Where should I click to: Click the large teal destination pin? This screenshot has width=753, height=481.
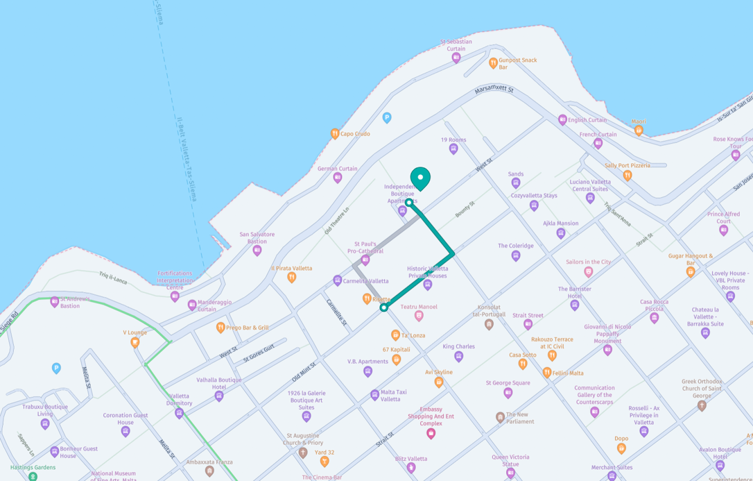click(x=420, y=178)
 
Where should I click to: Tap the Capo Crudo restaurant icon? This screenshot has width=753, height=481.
click(x=335, y=134)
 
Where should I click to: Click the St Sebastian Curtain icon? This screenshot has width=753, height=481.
click(x=456, y=58)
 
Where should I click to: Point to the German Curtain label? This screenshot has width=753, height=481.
click(x=338, y=169)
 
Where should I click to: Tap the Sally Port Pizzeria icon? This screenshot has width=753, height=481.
click(x=627, y=176)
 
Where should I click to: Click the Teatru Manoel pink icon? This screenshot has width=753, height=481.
click(x=419, y=316)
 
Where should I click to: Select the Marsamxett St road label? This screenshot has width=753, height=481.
click(x=494, y=90)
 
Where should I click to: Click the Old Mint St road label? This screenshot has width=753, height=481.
click(x=304, y=372)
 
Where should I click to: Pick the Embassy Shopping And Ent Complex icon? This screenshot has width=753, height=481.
click(x=431, y=434)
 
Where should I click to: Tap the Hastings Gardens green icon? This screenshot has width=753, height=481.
click(x=33, y=477)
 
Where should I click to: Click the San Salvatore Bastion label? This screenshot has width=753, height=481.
click(x=257, y=237)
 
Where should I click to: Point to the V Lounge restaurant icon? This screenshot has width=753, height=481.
click(x=135, y=342)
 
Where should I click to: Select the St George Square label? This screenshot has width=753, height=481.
click(x=508, y=383)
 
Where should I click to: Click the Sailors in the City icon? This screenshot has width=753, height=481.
click(x=589, y=272)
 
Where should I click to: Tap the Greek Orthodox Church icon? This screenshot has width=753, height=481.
click(x=702, y=405)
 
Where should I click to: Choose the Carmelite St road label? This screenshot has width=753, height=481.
click(x=336, y=313)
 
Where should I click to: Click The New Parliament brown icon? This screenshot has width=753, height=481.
click(x=500, y=418)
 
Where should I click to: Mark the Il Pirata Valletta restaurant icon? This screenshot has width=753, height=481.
click(x=292, y=278)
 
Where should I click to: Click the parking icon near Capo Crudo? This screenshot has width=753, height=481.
click(x=387, y=118)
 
